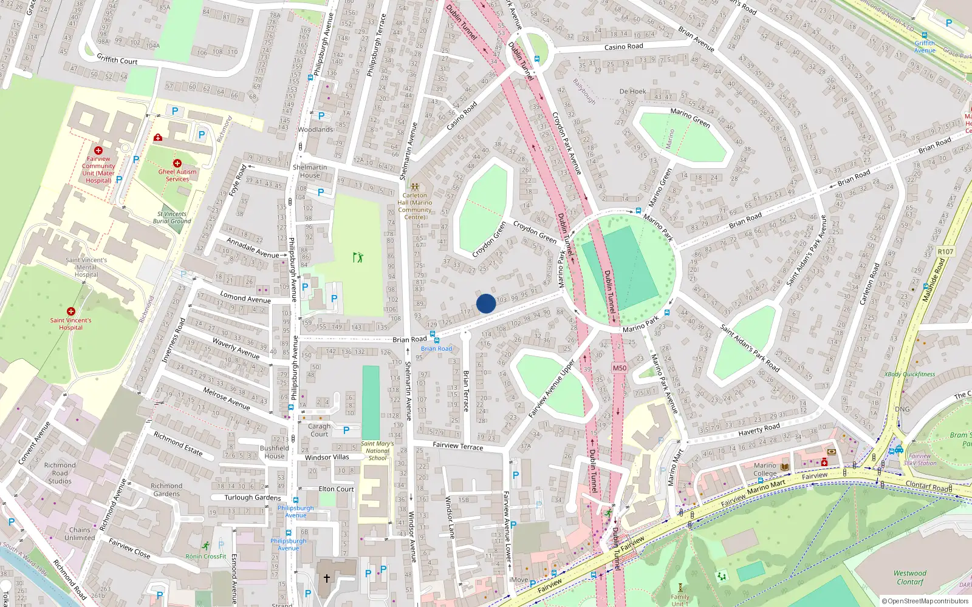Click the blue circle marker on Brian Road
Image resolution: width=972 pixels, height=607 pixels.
click(x=486, y=303)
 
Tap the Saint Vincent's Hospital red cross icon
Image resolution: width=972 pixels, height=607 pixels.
click(x=71, y=311)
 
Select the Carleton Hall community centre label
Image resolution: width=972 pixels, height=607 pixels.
click(x=415, y=206)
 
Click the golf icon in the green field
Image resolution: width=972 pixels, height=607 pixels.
click(x=358, y=257)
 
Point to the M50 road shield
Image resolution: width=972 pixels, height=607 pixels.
click(x=620, y=368)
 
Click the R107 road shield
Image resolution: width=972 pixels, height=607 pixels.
click(x=946, y=251)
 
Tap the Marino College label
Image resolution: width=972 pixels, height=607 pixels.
click(x=765, y=470)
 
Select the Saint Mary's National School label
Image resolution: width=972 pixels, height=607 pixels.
click(x=377, y=450)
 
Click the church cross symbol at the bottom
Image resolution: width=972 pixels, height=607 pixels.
click(x=327, y=578)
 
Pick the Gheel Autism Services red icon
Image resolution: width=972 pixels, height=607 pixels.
click(x=177, y=163)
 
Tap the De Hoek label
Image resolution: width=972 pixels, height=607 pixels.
click(x=632, y=92)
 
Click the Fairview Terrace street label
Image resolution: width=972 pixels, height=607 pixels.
click(x=458, y=446)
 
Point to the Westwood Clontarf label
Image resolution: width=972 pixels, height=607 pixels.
click(x=909, y=577)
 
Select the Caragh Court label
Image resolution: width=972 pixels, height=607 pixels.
click(x=319, y=430)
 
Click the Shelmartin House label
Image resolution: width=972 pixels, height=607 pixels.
click(x=310, y=171)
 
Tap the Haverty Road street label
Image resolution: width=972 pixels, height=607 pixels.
click(x=759, y=430)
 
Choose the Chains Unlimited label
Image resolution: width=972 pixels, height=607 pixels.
click(x=80, y=534)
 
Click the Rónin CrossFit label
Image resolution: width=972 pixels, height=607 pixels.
click(x=206, y=556)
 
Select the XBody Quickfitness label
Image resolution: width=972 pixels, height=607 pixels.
click(x=909, y=375)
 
